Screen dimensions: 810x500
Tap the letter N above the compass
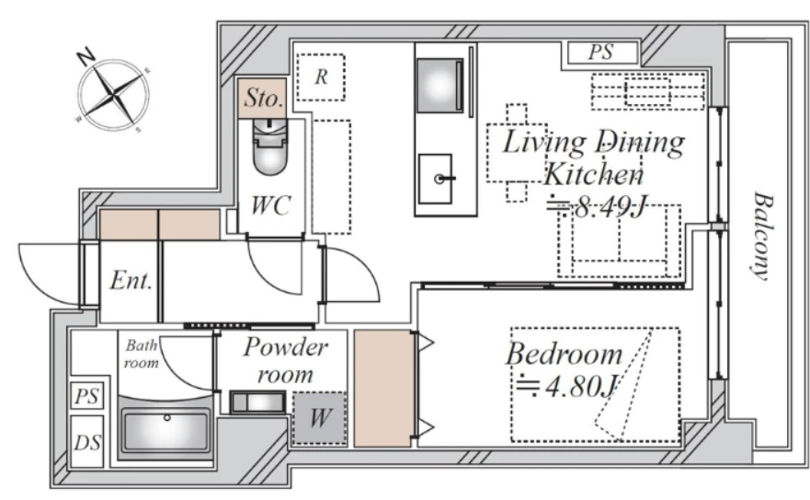(86, 56)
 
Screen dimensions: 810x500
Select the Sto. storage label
(264, 98)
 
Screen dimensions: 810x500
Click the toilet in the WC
(269, 147)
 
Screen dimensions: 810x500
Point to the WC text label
(270, 205)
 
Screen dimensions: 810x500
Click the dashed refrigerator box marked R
(321, 77)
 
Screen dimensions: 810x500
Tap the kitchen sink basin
(435, 179)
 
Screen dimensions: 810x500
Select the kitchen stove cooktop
(439, 85)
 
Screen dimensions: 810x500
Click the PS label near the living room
(601, 52)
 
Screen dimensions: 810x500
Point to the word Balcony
(763, 236)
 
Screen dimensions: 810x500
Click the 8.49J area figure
(597, 207)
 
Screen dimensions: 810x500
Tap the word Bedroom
(565, 354)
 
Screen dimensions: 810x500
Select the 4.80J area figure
(567, 386)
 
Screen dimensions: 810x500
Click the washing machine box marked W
(319, 418)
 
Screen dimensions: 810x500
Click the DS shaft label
(87, 443)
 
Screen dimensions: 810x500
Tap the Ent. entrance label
(131, 281)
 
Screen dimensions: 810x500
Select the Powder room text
(285, 360)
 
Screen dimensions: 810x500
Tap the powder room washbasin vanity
(257, 402)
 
